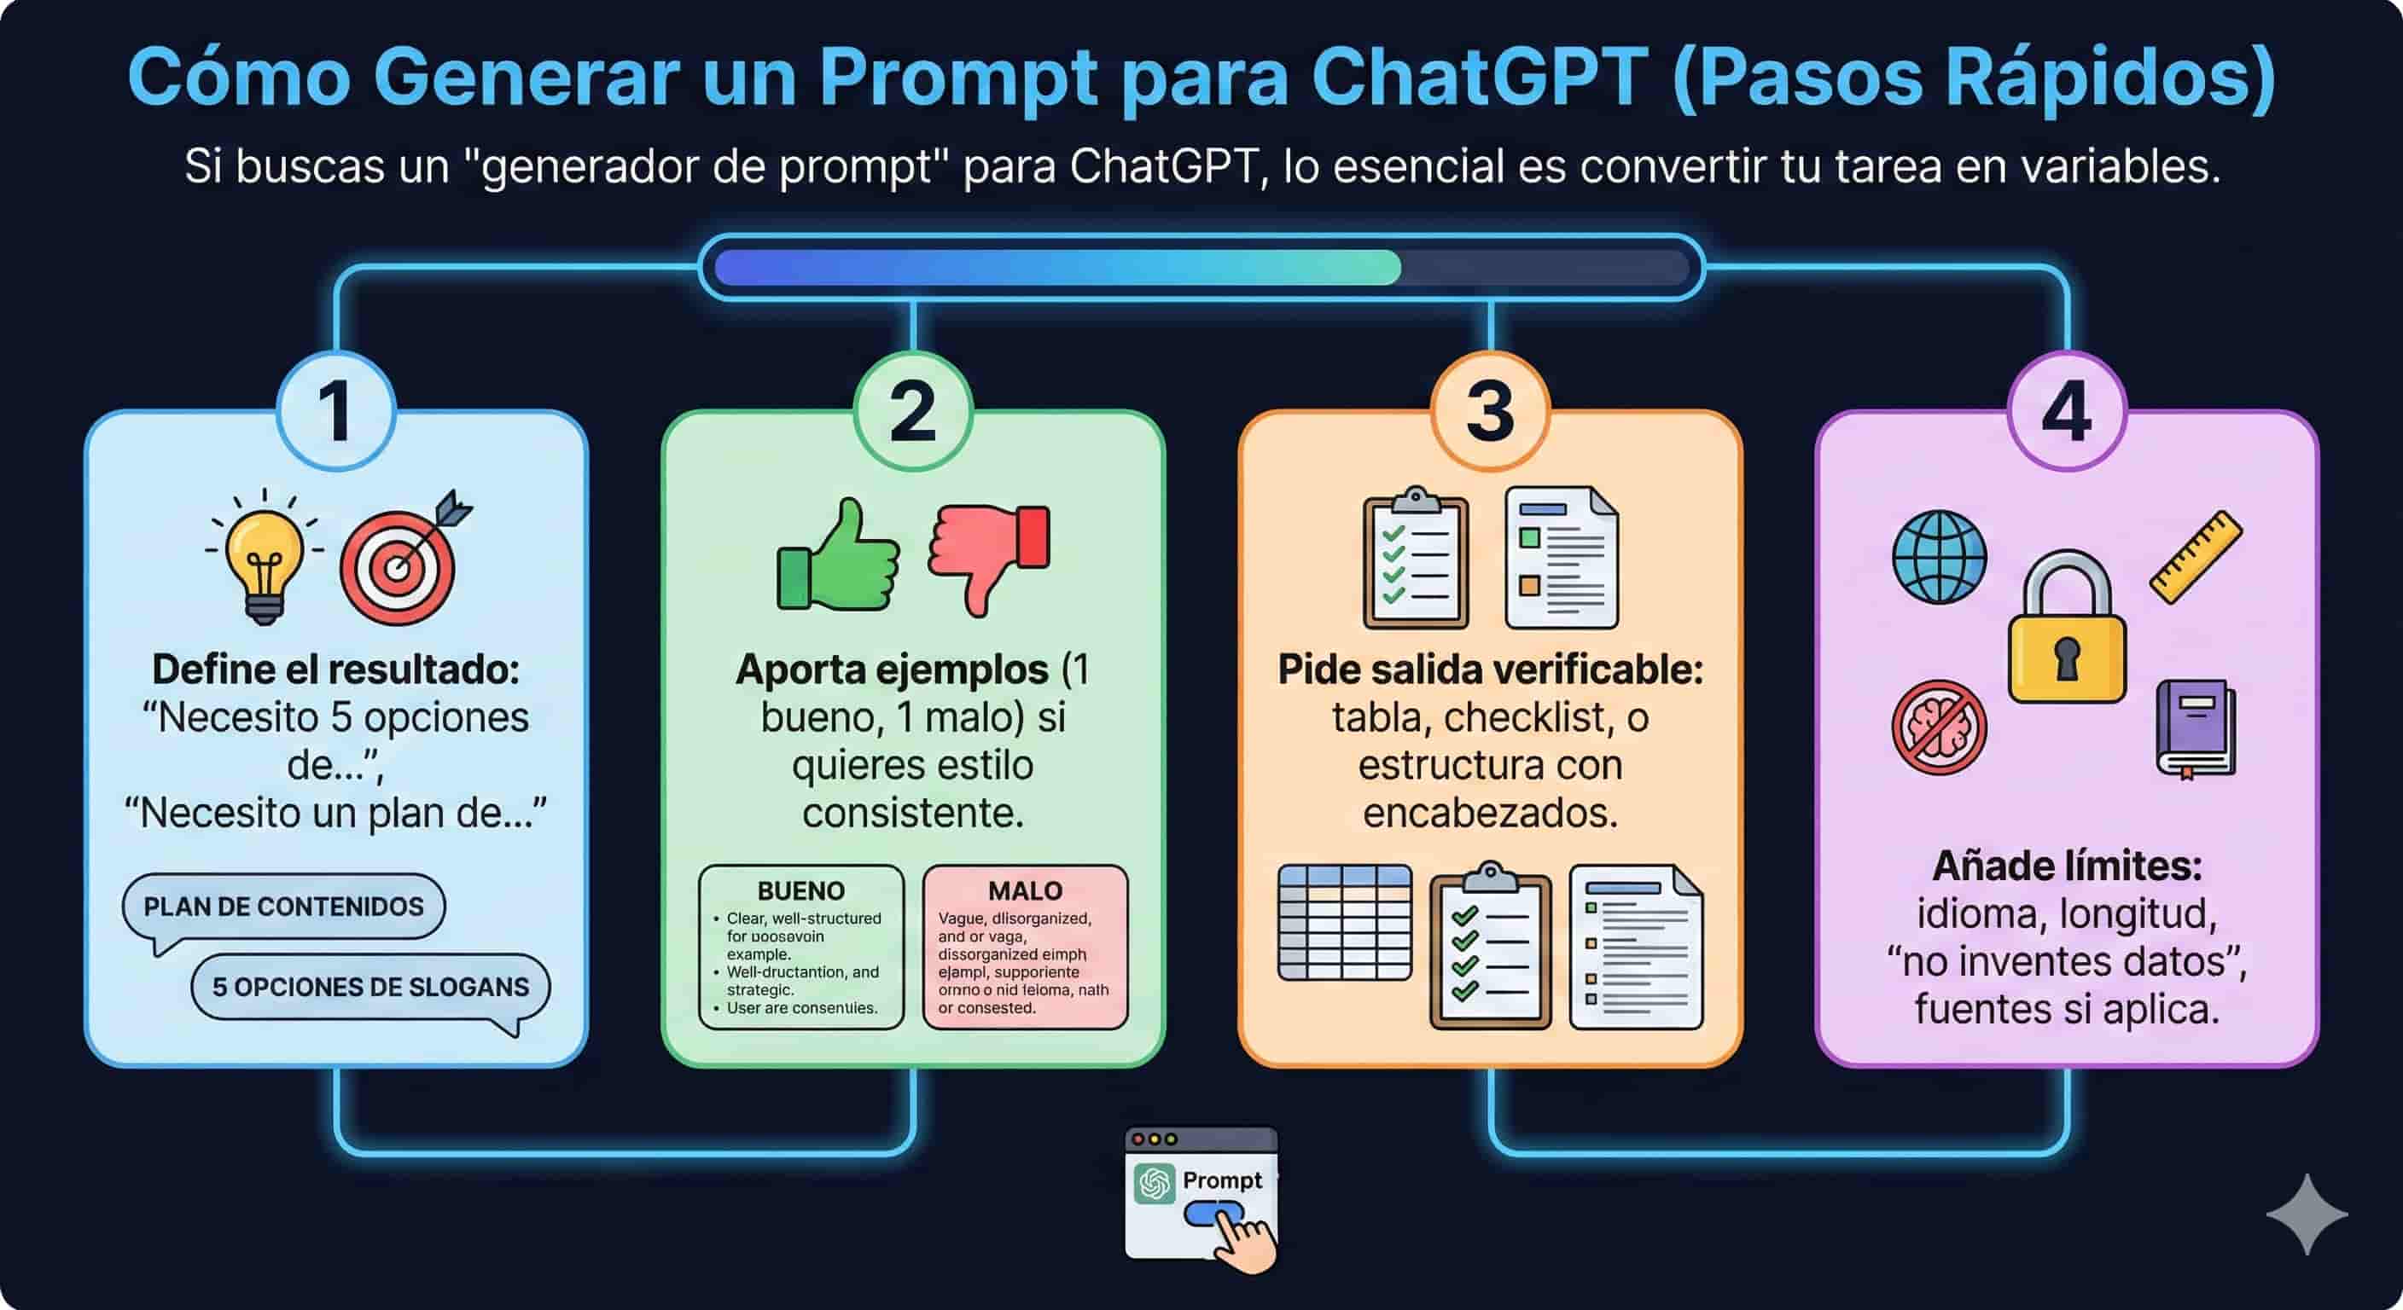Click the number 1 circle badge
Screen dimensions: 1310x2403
[x=336, y=411]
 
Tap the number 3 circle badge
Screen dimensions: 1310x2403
[x=1490, y=411]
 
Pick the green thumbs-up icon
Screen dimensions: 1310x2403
[x=837, y=559]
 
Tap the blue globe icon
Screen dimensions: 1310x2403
[x=1940, y=557]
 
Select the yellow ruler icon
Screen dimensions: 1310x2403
[x=2196, y=556]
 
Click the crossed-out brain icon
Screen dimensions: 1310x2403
[x=1940, y=727]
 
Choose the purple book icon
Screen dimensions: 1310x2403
[x=2195, y=728]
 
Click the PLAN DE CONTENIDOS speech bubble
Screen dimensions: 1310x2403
[x=283, y=907]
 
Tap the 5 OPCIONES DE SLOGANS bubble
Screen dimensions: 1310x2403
[x=370, y=987]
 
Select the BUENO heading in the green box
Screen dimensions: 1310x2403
[x=800, y=890]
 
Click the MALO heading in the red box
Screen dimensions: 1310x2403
[x=1025, y=890]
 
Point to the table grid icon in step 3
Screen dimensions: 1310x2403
[x=1344, y=922]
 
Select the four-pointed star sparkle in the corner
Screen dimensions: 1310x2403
[x=2306, y=1214]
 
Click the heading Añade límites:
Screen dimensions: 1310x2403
[x=2066, y=866]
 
